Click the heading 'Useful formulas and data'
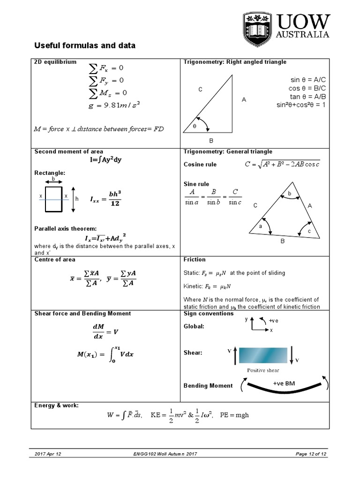point(85,46)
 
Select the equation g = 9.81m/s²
point(114,105)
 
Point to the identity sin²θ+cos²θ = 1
point(300,105)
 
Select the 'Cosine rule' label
point(200,165)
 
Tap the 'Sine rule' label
point(196,184)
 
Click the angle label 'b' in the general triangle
point(290,194)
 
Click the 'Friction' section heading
point(195,260)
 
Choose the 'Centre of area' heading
point(55,260)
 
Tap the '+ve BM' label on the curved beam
point(284,383)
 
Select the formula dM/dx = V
point(105,331)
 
